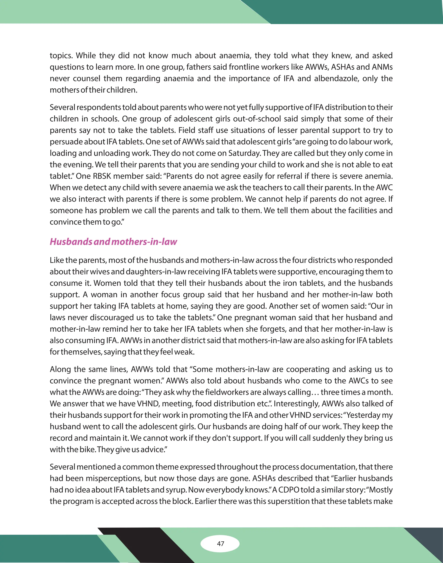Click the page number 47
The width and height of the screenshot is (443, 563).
(x=220, y=544)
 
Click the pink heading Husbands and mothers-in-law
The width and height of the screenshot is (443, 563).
(x=113, y=242)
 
